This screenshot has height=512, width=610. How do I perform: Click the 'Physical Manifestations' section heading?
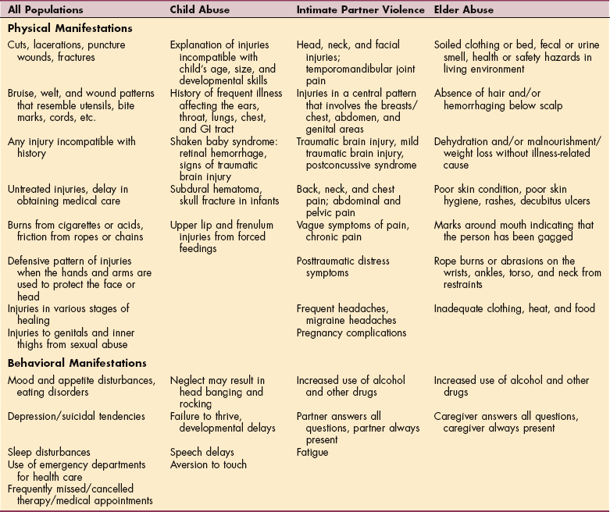point(70,28)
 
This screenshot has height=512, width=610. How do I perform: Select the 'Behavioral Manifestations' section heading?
point(77,363)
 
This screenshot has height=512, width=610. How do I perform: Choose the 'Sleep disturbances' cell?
point(49,452)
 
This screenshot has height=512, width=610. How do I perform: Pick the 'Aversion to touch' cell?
point(209,464)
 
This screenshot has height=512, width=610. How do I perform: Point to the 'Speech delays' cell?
point(202,452)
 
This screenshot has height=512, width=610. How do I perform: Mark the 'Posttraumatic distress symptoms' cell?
point(343,267)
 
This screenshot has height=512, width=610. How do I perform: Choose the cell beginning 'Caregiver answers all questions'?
point(506,421)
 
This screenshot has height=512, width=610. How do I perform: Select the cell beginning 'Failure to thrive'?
point(223,421)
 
